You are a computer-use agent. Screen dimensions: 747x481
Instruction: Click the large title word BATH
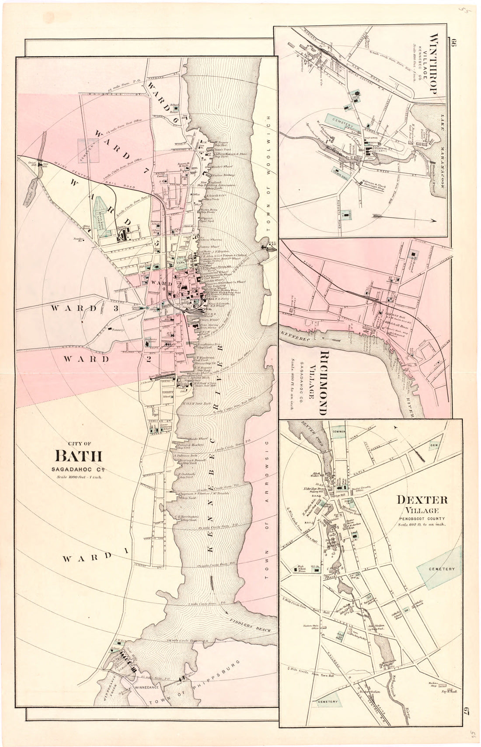click(79, 456)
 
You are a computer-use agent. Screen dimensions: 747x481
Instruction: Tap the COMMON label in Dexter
click(339, 432)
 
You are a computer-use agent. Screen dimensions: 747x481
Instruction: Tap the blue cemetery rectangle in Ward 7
click(88, 151)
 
